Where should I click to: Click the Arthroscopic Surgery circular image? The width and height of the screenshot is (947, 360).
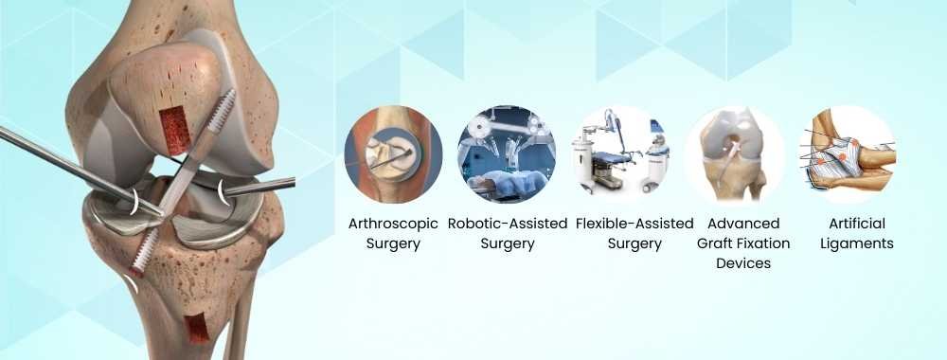click(x=393, y=154)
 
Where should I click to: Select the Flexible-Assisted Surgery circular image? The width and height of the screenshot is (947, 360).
click(x=619, y=154)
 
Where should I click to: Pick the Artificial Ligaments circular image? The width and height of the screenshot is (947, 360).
click(x=847, y=154)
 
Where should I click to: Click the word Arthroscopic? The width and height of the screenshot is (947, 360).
click(x=393, y=225)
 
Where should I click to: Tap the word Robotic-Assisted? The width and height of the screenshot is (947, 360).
click(x=508, y=225)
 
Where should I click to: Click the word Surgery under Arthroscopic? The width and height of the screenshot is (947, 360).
click(x=393, y=243)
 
